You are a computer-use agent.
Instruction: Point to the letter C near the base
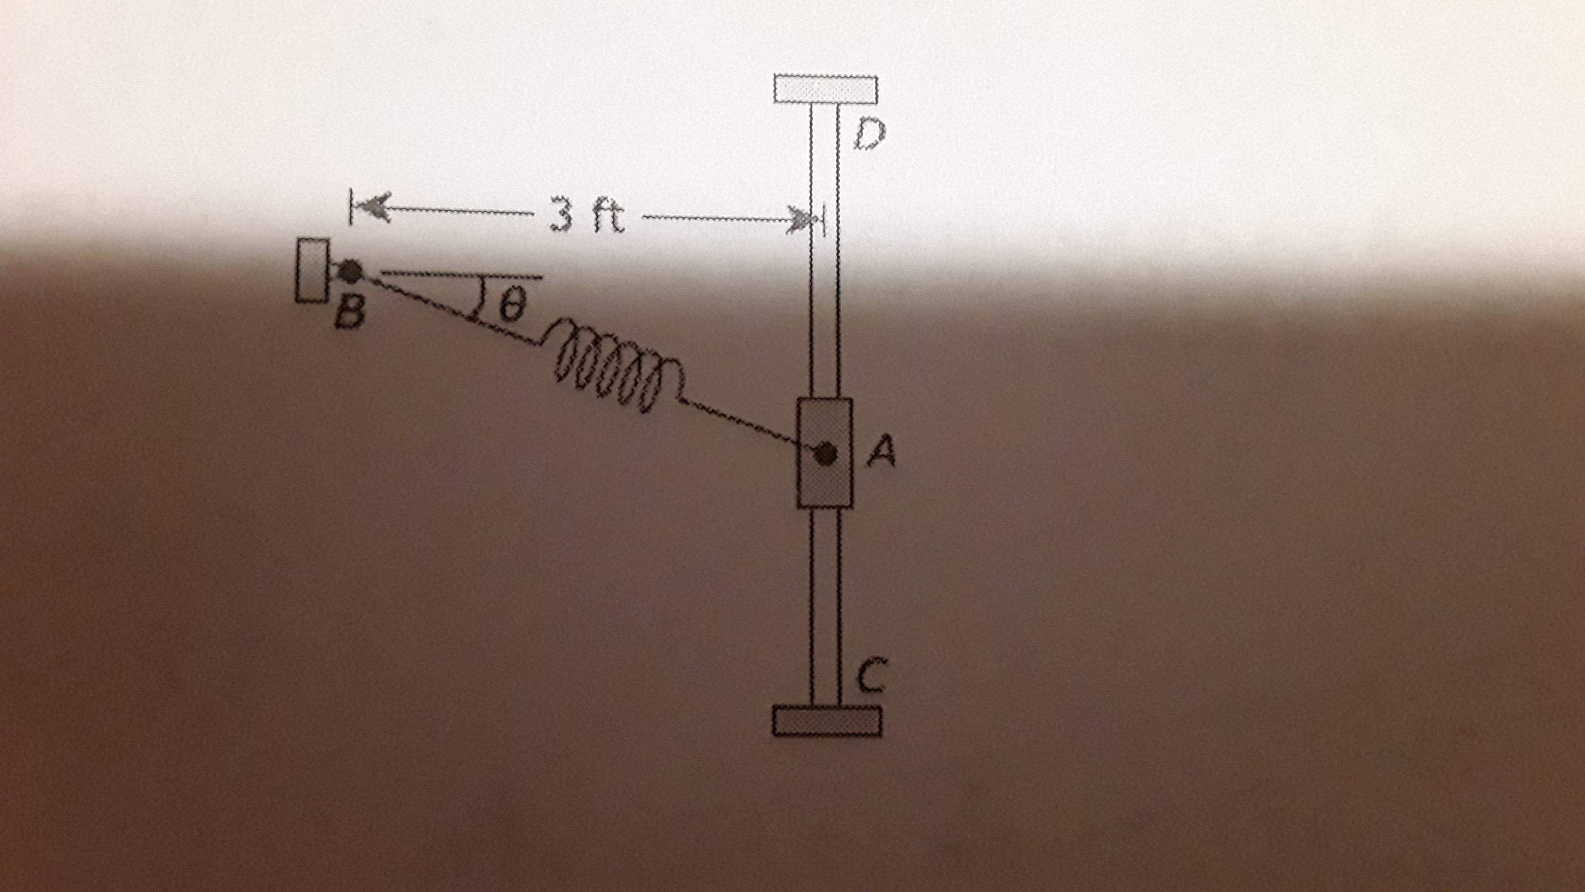tap(872, 675)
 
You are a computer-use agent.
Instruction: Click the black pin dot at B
tap(351, 270)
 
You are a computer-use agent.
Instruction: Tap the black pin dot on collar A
tap(825, 454)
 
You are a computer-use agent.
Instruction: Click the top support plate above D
tap(826, 89)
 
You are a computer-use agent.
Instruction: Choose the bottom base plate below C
tap(826, 720)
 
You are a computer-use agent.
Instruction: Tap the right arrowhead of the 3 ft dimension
tap(804, 220)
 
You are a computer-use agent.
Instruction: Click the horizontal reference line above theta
tap(461, 275)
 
